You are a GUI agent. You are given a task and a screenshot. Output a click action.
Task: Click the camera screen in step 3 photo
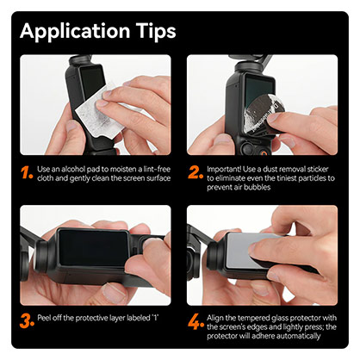click(x=95, y=254)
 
